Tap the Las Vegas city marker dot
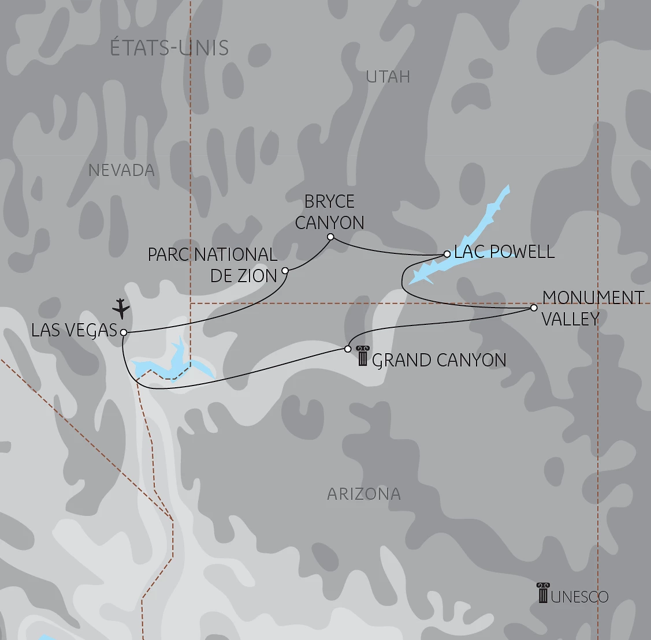123,332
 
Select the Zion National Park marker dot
285,270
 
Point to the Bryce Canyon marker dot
330,237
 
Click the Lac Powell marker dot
447,253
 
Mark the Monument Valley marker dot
534,308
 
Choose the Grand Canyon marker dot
348,349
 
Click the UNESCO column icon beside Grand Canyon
362,356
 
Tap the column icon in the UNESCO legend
542,593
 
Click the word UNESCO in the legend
579,597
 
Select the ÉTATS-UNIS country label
169,48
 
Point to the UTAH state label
388,77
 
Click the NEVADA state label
122,170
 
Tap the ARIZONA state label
364,494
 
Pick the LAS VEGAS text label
75,330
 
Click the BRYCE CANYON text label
329,212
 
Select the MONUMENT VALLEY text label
593,308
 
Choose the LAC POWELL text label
504,252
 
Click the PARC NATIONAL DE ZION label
213,265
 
